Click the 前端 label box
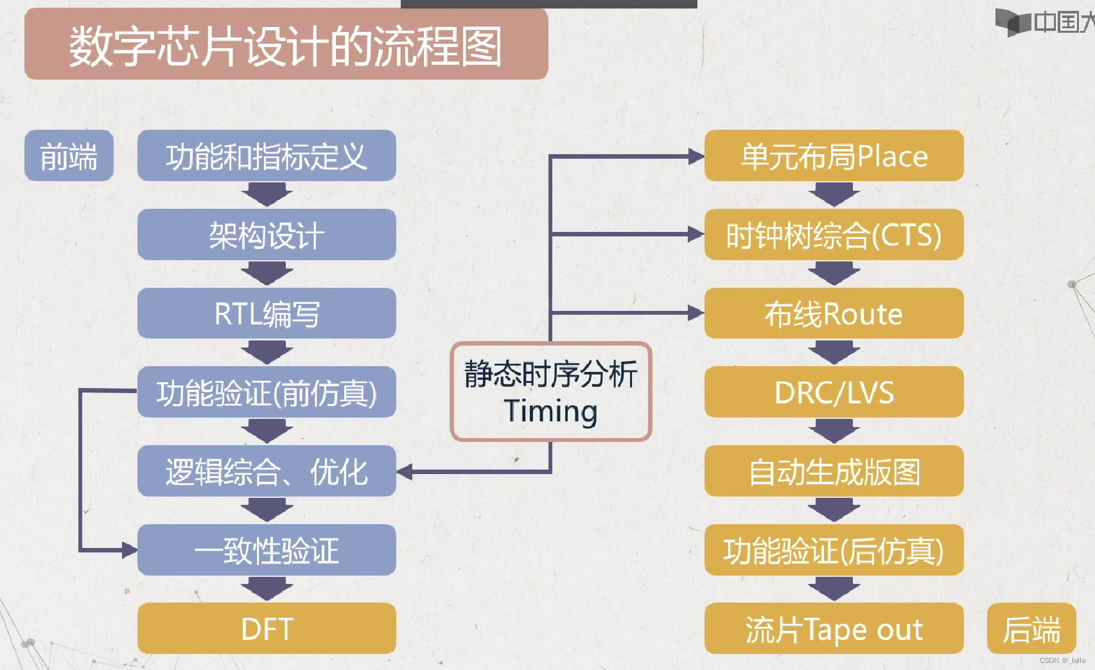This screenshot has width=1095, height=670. (x=69, y=156)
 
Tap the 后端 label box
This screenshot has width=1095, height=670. (x=1031, y=629)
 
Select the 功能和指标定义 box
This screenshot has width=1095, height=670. (x=267, y=156)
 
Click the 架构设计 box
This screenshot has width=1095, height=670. (x=267, y=235)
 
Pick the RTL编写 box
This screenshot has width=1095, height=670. (x=267, y=313)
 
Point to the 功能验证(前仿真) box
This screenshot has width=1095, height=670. (x=267, y=392)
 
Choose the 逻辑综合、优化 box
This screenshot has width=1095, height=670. (x=267, y=472)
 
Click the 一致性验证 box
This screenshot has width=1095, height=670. (x=267, y=551)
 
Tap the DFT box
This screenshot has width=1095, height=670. (x=267, y=629)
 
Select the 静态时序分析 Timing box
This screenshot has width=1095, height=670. (x=551, y=392)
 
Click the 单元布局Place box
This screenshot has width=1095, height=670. (x=834, y=156)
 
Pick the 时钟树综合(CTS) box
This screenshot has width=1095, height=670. (x=834, y=235)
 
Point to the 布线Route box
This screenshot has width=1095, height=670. (x=834, y=313)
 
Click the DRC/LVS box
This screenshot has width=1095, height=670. (x=834, y=392)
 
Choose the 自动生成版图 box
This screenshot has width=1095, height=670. (x=834, y=472)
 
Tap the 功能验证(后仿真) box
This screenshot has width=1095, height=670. (x=834, y=551)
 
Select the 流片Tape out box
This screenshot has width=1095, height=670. (x=834, y=629)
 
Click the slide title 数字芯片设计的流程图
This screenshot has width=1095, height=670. (x=286, y=45)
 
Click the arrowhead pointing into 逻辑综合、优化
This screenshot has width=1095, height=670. (x=405, y=472)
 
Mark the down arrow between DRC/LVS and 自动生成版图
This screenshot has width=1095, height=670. (x=834, y=431)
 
